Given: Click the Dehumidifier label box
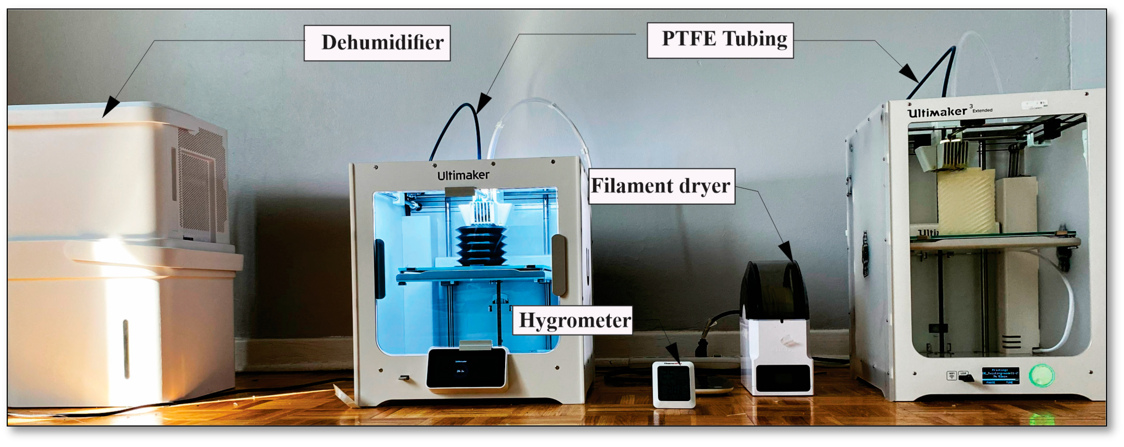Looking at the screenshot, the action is pos(377,43).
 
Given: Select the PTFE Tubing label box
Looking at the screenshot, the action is pos(720,40).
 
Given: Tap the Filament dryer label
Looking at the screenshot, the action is pos(661,186).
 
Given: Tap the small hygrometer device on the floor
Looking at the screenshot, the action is pos(673,384).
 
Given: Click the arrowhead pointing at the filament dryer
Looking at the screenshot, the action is pos(787,252).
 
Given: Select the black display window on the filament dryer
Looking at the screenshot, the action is pos(783,378).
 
